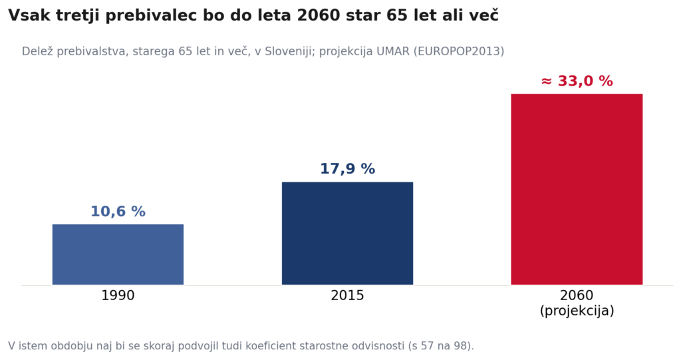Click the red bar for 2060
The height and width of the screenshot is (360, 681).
coord(577,189)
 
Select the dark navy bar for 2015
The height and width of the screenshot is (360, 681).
coord(347,233)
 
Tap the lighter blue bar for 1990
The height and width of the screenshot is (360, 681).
coord(118,254)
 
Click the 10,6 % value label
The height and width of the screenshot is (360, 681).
coord(118,212)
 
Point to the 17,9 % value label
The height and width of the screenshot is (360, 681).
coord(347,169)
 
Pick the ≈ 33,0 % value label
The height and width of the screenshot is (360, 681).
coord(577,81)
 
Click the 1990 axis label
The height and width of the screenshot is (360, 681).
coord(118,295)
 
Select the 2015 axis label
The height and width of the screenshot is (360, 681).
coord(347,295)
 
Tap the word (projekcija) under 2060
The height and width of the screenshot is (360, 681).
coord(577,311)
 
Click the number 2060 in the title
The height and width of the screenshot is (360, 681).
coord(319,16)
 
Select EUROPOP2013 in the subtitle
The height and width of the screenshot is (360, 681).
coord(458,51)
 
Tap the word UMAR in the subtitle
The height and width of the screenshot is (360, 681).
coord(392,51)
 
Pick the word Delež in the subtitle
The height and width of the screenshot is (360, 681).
coord(37,51)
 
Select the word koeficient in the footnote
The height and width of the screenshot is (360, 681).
coord(267,346)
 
